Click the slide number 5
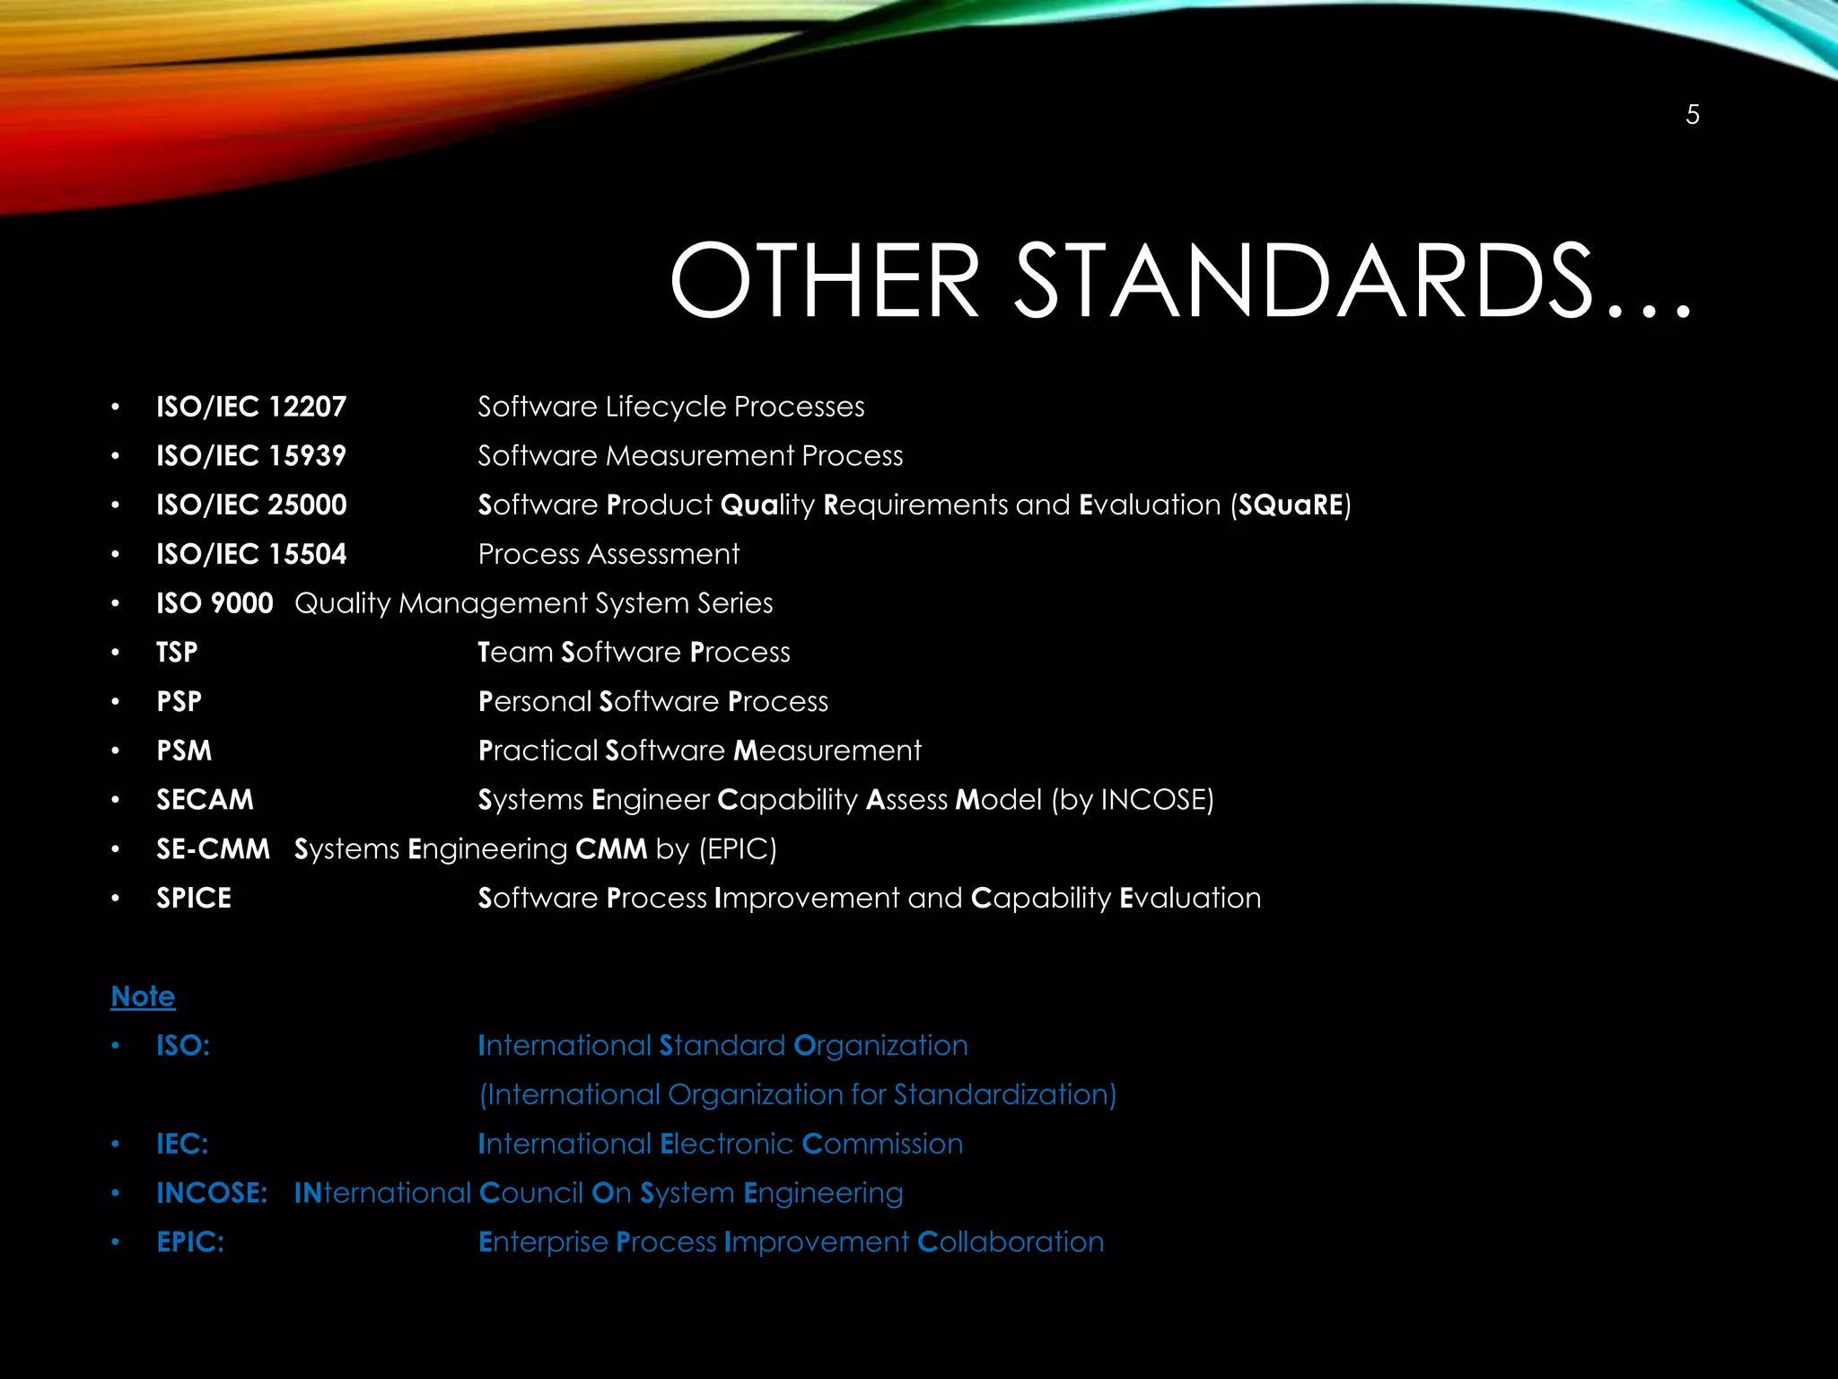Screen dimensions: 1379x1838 1692,115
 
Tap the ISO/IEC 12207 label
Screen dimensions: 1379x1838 251,407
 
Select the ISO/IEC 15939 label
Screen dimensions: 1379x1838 251,456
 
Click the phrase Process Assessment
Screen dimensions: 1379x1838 608,555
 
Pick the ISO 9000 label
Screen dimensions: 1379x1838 214,603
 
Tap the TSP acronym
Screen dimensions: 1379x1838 177,653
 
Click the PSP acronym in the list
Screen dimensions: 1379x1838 179,701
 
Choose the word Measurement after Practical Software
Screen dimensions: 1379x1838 827,751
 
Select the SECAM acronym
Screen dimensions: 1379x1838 205,800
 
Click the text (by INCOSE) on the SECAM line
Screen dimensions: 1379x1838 1133,800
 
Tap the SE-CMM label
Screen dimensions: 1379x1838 213,849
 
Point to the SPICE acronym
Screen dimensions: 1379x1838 194,898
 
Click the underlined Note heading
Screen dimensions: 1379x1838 143,997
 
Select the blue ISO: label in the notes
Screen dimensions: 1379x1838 183,1046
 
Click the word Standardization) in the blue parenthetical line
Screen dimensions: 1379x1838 1005,1094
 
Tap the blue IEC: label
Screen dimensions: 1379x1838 182,1144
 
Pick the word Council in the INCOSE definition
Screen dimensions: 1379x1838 531,1193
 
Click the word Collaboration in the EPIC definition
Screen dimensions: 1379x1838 1011,1243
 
